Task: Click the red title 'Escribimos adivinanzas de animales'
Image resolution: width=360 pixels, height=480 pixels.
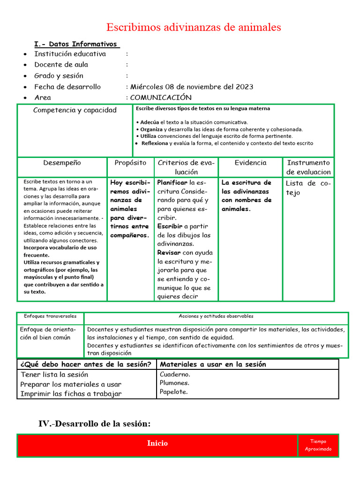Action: [194, 27]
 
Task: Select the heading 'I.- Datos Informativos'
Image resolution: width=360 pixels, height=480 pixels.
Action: [77, 44]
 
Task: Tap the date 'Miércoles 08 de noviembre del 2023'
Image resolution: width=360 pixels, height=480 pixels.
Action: [192, 87]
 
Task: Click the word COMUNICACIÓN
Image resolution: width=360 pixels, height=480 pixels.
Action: [161, 97]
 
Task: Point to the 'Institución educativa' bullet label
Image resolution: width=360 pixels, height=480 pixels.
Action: [70, 54]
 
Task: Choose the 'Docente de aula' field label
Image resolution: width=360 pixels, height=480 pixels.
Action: [61, 65]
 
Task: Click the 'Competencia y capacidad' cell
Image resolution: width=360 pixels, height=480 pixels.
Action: [75, 111]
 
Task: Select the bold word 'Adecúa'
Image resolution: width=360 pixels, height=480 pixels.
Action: [150, 122]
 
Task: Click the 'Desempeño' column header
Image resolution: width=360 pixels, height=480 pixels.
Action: [62, 163]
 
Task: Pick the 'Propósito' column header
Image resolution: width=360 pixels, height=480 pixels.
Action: [130, 163]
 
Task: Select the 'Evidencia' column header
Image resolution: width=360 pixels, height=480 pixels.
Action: [250, 163]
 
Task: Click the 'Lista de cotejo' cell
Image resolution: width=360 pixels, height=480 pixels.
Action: [308, 188]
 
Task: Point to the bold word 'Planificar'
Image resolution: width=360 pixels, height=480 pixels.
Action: [172, 182]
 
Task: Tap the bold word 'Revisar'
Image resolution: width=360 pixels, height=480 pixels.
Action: [169, 253]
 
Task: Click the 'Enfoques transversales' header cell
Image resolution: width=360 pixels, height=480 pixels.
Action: [50, 316]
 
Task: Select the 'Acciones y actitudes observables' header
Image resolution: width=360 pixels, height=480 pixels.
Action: [216, 316]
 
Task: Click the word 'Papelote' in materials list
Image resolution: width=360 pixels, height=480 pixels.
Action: [173, 392]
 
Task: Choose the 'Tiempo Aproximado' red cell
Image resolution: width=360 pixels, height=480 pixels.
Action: [318, 445]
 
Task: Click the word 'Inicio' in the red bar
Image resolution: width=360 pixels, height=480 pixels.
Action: [157, 443]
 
